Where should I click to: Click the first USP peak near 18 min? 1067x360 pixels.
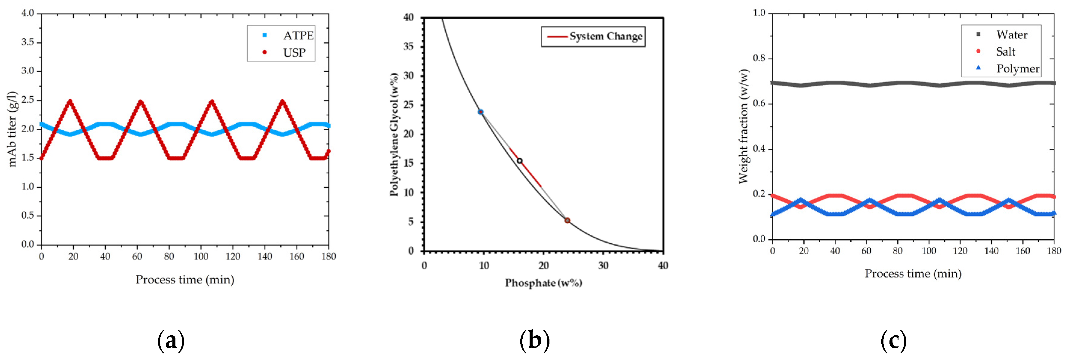(70, 101)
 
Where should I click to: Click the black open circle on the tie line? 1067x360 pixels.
(519, 161)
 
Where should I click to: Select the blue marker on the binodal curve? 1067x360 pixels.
(481, 112)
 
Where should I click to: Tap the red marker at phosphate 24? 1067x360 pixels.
(568, 220)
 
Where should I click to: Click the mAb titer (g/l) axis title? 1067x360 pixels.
(12, 129)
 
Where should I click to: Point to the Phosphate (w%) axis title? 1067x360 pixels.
(543, 283)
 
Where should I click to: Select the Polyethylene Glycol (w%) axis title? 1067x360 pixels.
(394, 134)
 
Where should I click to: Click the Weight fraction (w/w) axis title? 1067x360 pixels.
(744, 126)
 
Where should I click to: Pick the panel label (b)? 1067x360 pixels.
(534, 340)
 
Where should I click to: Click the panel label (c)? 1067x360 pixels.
(893, 340)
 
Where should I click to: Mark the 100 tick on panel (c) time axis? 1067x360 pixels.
(929, 251)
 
